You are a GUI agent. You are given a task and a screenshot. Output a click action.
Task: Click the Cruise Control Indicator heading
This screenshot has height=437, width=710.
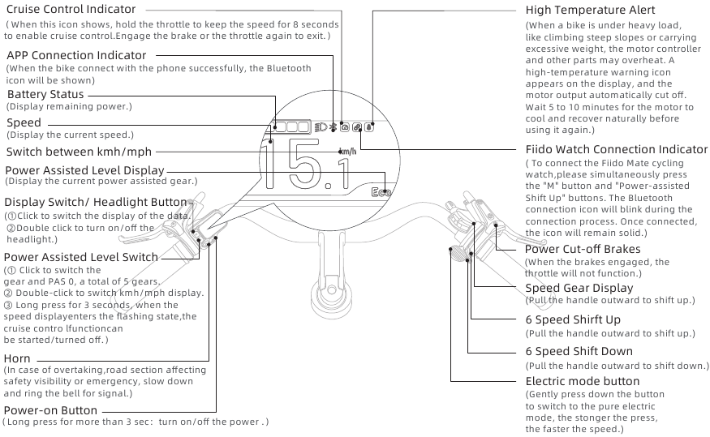click(71, 9)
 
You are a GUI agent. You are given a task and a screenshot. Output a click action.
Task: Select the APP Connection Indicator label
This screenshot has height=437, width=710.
click(76, 55)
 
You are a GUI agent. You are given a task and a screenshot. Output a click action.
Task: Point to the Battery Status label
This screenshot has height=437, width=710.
click(45, 95)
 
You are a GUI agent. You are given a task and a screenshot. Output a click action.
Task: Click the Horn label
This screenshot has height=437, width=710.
click(17, 358)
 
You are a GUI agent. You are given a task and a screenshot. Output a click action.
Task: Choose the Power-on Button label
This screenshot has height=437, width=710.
click(50, 410)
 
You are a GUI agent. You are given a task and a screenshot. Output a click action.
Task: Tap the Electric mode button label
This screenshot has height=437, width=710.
click(582, 381)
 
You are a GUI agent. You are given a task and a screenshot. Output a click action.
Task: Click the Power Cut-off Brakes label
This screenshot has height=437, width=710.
click(582, 250)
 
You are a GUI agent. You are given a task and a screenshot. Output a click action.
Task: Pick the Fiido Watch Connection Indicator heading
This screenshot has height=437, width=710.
click(616, 149)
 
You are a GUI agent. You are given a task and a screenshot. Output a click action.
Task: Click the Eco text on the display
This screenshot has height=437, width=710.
click(381, 192)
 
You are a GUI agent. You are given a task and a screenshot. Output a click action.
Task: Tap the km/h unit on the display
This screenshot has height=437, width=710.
click(347, 152)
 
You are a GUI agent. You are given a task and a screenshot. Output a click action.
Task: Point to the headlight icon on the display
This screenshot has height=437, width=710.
click(320, 127)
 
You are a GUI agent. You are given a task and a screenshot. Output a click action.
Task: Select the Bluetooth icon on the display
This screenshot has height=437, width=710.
click(332, 127)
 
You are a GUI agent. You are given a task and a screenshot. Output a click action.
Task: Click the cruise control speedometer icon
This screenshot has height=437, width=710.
click(344, 127)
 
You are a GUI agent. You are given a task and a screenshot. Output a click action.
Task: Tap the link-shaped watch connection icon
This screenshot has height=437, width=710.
click(357, 127)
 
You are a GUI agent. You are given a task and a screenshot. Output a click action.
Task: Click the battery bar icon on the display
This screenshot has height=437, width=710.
click(291, 126)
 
